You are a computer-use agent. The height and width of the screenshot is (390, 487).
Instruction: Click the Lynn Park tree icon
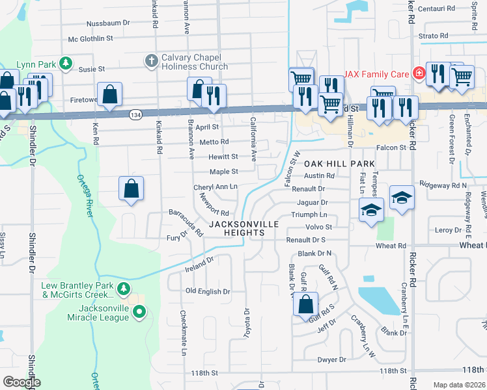pyautogui.click(x=65, y=63)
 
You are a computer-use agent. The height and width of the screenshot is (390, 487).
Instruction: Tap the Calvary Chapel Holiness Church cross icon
pyautogui.click(x=151, y=61)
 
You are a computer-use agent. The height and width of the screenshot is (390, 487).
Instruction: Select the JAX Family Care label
pyautogui.click(x=376, y=73)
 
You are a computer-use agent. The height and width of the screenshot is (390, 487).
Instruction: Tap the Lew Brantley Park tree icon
pyautogui.click(x=123, y=287)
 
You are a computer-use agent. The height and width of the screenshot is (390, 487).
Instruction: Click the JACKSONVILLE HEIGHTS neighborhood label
pyautogui.click(x=244, y=228)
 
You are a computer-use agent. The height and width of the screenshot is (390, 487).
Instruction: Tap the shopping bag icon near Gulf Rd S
pyautogui.click(x=305, y=304)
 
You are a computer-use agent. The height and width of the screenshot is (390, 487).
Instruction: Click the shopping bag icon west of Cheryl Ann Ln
pyautogui.click(x=131, y=188)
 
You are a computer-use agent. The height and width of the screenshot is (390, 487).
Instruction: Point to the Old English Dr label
pyautogui.click(x=208, y=292)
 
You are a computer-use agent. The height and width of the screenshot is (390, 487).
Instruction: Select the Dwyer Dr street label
pyautogui.click(x=331, y=359)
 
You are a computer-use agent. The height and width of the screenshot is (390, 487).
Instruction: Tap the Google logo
pyautogui.click(x=21, y=382)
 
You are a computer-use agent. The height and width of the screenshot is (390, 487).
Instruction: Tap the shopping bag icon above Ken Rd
pyautogui.click(x=109, y=94)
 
